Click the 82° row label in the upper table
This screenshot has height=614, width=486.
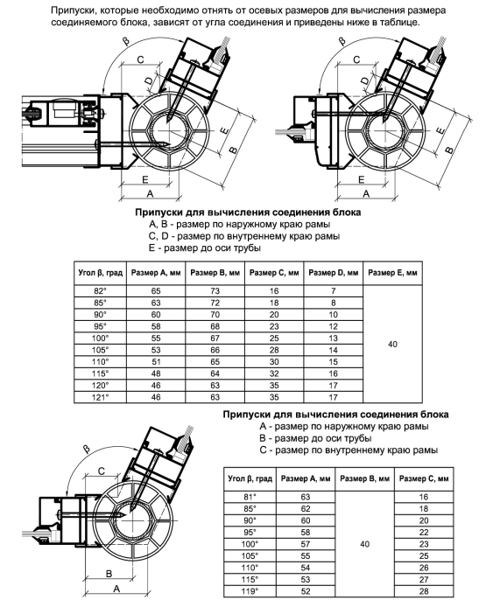pyautogui.click(x=100, y=291)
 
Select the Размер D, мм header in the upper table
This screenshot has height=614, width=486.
pyautogui.click(x=334, y=273)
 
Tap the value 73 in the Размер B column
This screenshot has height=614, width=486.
pyautogui.click(x=215, y=291)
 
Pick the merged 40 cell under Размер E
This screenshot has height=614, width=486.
pyautogui.click(x=392, y=345)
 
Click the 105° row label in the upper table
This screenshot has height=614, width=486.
pyautogui.click(x=100, y=350)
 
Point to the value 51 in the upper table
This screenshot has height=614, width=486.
pyautogui.click(x=156, y=362)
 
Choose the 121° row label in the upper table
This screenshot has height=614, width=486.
pyautogui.click(x=100, y=397)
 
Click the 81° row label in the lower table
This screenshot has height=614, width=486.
pyautogui.click(x=250, y=497)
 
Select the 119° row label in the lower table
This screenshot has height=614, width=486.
pyautogui.click(x=250, y=591)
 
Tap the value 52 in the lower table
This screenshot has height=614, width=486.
pyautogui.click(x=306, y=591)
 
